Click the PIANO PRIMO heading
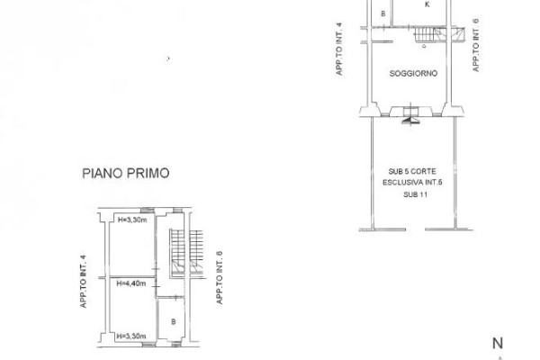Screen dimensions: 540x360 coord(126,173)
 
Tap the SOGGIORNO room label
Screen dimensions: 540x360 coord(413,74)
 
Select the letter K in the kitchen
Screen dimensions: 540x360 coord(427,4)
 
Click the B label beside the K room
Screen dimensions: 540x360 coord(383,13)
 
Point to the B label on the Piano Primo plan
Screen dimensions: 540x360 coord(173,321)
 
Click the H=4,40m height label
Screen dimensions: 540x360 coord(131,283)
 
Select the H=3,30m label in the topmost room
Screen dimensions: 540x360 coord(132,220)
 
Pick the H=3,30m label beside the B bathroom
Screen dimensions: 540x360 coord(131,336)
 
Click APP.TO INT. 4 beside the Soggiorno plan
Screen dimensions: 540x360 coord(339,49)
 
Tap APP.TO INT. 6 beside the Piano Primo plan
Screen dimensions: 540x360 coord(220,278)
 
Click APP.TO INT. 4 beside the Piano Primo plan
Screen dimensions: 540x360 coord(83,281)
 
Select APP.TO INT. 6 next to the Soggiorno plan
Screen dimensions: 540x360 coord(475,45)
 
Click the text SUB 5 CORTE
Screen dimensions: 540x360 coord(412,171)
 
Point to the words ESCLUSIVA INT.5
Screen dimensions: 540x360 coord(412,182)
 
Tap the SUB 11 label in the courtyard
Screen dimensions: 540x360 coord(415,194)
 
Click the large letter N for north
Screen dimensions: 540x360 coord(498,344)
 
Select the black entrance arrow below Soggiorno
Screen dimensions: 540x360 coord(410,121)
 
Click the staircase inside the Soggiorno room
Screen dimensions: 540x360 coord(428,35)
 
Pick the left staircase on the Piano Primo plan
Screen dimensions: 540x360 coord(177,252)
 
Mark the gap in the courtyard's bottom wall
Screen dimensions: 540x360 coord(415,229)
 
